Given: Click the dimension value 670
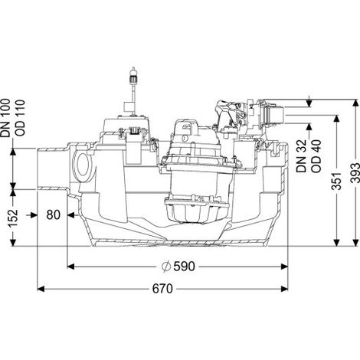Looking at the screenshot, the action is point(162,289).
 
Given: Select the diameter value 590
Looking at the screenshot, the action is point(184,267).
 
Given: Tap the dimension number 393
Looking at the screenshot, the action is point(355,173).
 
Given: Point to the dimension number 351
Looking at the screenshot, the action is point(336,181).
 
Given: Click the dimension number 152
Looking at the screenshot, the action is point(13,218).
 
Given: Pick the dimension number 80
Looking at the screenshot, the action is point(54,215).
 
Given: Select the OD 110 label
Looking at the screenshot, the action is point(20,118).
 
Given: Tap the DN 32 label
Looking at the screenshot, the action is point(302,156).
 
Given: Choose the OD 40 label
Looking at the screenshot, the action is point(316,156).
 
